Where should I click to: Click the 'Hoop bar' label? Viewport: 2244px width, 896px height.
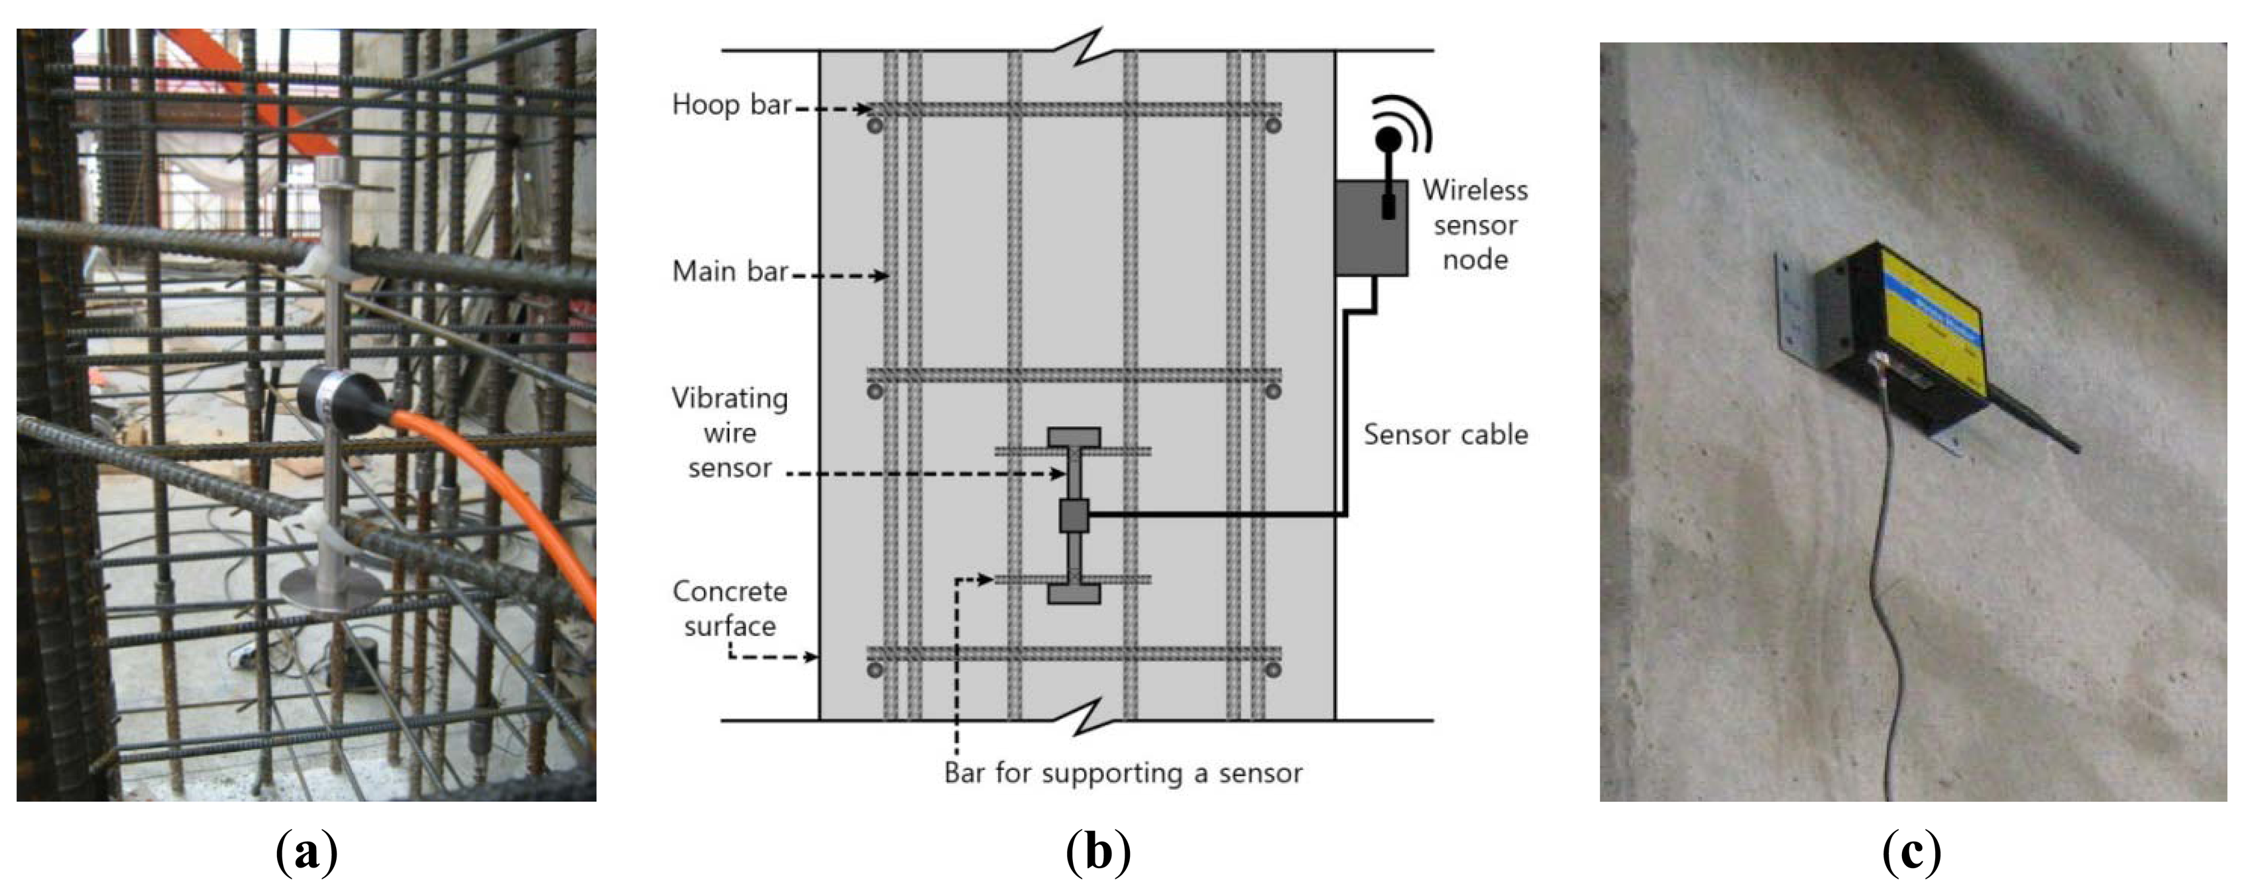(x=730, y=105)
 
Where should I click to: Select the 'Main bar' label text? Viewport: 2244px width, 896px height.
(x=729, y=272)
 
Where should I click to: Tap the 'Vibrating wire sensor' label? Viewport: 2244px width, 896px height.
(x=729, y=433)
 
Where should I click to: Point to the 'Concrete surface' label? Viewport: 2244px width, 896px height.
(x=729, y=608)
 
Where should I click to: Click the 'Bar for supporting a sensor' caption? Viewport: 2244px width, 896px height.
(x=1123, y=773)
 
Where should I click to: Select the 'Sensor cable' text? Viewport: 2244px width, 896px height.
(x=1445, y=435)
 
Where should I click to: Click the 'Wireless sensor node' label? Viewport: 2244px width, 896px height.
(x=1475, y=225)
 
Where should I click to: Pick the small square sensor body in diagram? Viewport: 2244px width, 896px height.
(x=1073, y=516)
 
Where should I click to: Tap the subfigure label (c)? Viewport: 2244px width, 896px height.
(x=1911, y=852)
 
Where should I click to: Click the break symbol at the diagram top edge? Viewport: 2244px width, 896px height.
(x=1087, y=48)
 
